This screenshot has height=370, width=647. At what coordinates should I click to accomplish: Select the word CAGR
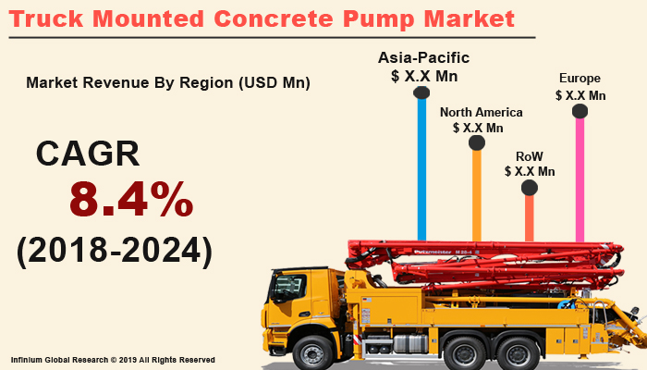coord(87,153)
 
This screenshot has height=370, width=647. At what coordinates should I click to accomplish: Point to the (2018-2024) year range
coord(114,250)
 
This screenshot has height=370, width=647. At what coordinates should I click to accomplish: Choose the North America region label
coord(481,112)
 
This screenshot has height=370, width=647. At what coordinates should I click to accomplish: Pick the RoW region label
coord(529,157)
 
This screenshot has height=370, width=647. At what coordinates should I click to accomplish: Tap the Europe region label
coord(580,79)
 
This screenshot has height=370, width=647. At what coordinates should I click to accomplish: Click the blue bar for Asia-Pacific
coord(421,166)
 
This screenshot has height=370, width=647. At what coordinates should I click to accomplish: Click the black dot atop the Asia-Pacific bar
coord(421,92)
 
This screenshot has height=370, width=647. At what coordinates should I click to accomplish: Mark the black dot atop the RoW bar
coord(529,188)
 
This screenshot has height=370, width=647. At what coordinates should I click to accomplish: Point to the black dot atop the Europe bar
coord(580,112)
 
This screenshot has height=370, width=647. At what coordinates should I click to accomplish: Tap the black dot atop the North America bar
coord(477,143)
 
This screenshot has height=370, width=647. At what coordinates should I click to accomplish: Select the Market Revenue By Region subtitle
coord(168,82)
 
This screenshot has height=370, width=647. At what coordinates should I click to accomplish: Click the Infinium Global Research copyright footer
coord(113,359)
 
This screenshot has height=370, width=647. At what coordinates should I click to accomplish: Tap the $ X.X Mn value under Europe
coord(580,94)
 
